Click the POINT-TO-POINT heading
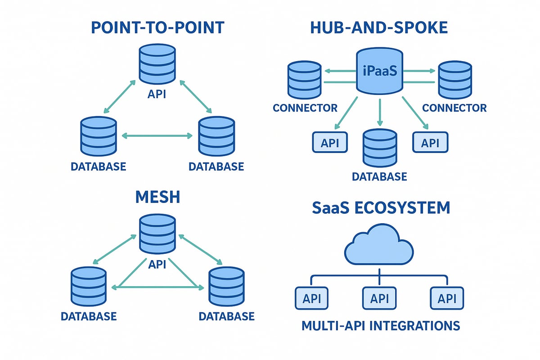tap(157, 27)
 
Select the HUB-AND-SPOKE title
tap(379, 27)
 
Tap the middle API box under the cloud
tap(379, 298)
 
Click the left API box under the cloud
tap(312, 298)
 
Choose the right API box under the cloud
tap(447, 298)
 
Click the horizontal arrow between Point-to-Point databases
tap(157, 135)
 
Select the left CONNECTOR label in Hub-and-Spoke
tap(305, 108)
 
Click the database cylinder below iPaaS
tap(380, 148)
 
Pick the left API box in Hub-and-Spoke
tap(330, 143)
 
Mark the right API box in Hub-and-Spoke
tap(430, 143)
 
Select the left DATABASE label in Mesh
tap(89, 316)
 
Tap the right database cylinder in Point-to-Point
tap(216, 137)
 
